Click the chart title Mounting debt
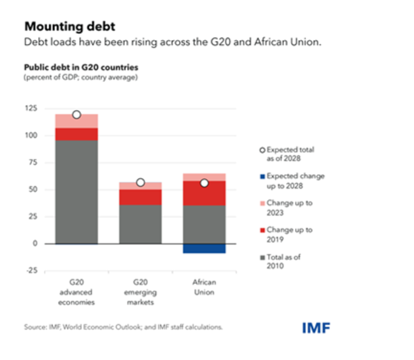[x=70, y=27]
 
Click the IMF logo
[x=316, y=328]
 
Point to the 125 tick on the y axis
[x=32, y=109]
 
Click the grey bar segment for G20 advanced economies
[x=76, y=191]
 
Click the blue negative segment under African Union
[x=204, y=248]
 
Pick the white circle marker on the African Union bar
[x=204, y=183]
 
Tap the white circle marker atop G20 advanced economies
[x=76, y=115]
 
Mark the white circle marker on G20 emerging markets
[x=141, y=183]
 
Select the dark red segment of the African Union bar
[x=204, y=193]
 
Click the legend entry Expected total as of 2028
[x=290, y=154]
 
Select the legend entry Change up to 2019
[x=289, y=234]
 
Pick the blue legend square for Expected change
[x=262, y=176]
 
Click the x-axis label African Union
[x=204, y=287]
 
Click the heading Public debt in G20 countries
[x=81, y=67]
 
